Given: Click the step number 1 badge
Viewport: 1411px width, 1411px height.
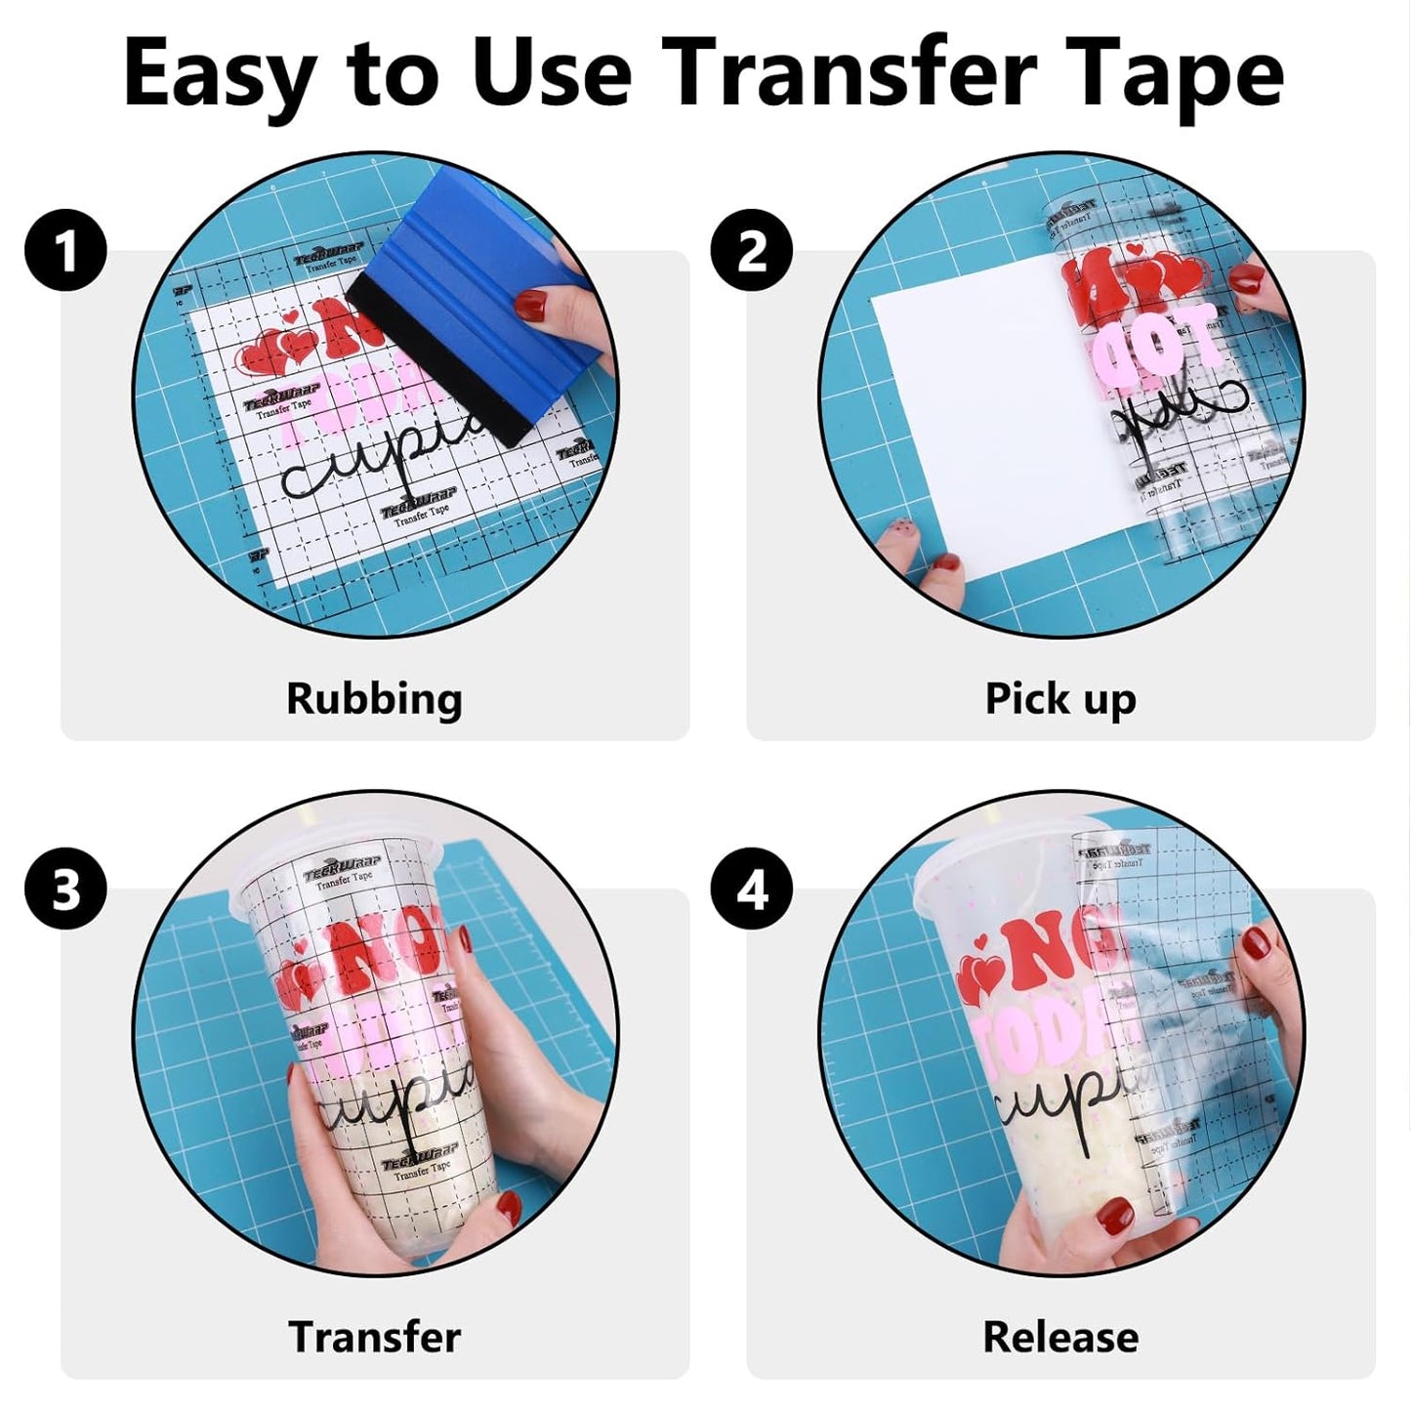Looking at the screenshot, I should tap(65, 251).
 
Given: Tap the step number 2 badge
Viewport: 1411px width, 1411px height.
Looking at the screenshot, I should tap(751, 251).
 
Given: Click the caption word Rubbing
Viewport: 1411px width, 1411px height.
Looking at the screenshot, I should tap(374, 699).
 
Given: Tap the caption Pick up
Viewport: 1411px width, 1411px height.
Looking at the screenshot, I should tap(1060, 699).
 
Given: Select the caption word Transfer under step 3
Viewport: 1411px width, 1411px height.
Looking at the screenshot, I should tap(374, 1337).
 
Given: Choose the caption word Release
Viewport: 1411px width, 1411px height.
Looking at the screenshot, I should tap(1060, 1337).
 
